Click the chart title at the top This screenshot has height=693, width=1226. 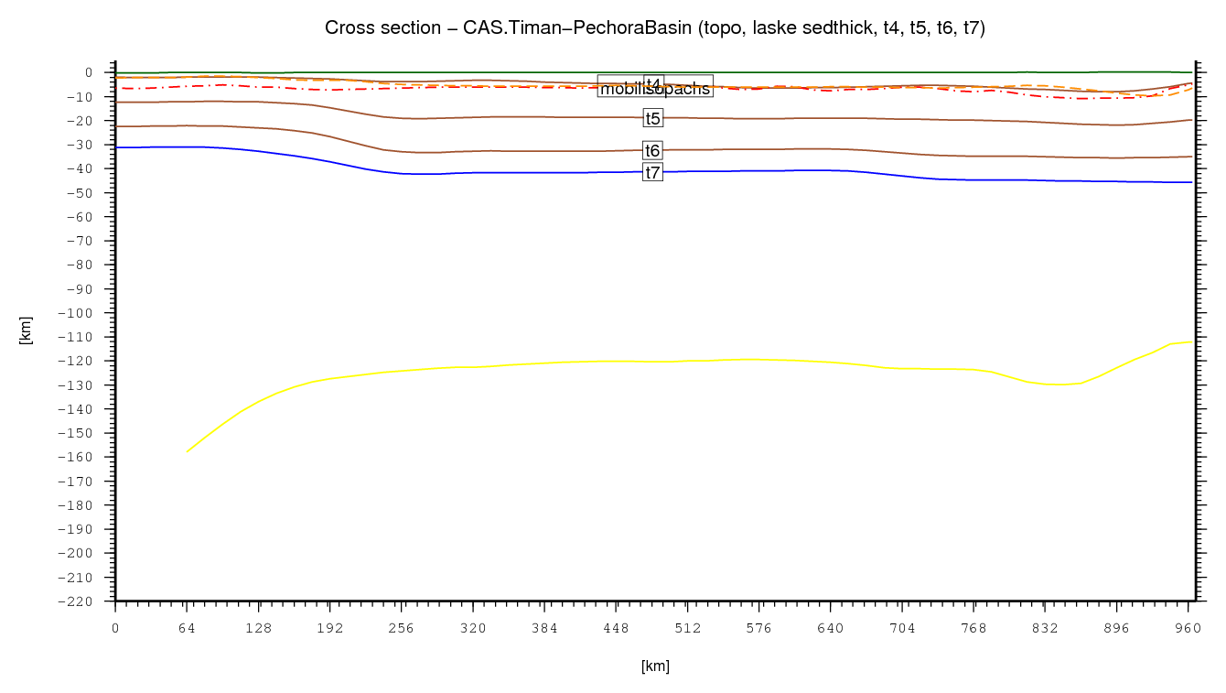(x=654, y=28)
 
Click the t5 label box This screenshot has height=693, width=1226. (x=652, y=118)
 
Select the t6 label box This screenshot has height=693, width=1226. (x=652, y=151)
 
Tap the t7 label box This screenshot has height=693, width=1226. (x=652, y=172)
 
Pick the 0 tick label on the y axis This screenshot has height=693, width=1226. (x=88, y=72)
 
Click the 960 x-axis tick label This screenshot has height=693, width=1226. (x=1188, y=629)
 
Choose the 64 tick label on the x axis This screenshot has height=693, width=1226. (x=187, y=629)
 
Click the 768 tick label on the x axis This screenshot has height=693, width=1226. (x=973, y=629)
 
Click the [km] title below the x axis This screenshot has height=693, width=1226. (x=655, y=666)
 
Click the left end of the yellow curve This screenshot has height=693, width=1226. (x=187, y=452)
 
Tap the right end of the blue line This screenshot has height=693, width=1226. (x=1192, y=182)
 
